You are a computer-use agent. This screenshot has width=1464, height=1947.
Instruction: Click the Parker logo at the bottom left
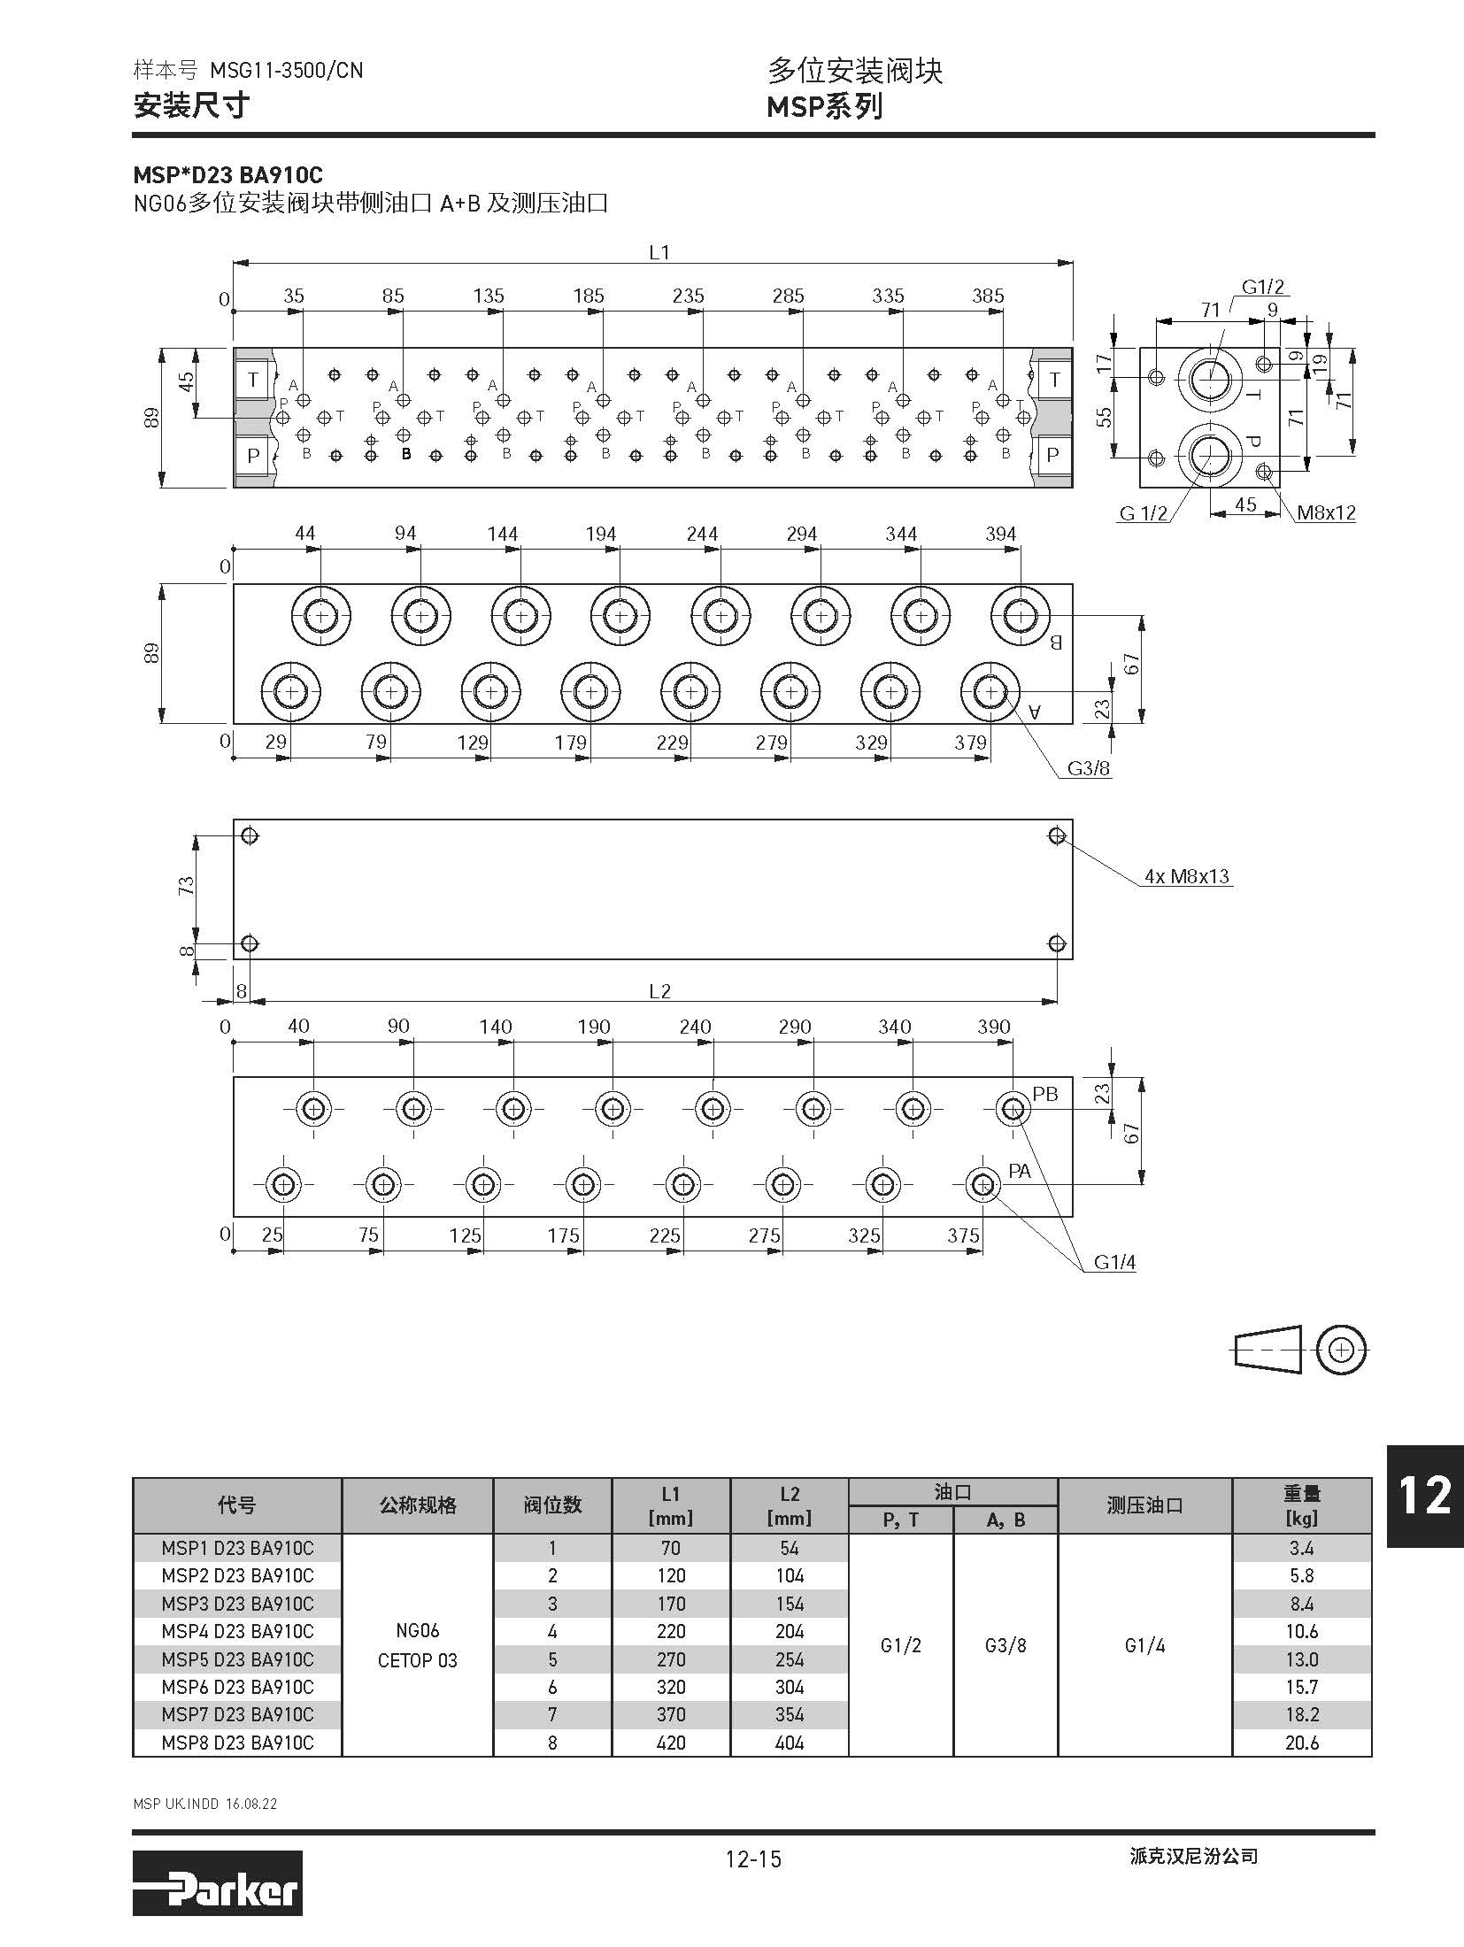click(x=217, y=1889)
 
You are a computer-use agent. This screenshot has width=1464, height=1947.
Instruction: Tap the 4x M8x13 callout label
click(x=1187, y=876)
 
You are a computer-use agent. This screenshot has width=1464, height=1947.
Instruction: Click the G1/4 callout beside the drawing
click(x=1114, y=1263)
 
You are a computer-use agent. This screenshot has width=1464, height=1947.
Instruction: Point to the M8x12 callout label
click(x=1326, y=512)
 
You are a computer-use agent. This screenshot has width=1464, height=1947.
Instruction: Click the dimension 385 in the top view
click(x=988, y=296)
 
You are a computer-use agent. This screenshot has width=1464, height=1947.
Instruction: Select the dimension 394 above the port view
click(x=1001, y=534)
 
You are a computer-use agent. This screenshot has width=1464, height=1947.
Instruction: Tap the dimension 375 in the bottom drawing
click(x=964, y=1235)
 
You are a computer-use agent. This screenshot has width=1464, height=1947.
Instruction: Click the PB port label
click(x=1045, y=1094)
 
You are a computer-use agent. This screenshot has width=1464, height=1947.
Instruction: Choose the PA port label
click(x=1020, y=1171)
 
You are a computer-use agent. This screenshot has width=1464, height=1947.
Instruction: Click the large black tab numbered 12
click(x=1424, y=1496)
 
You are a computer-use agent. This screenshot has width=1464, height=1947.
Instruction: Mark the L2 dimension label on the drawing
click(x=659, y=991)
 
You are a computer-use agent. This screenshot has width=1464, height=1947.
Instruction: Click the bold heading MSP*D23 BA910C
click(x=228, y=175)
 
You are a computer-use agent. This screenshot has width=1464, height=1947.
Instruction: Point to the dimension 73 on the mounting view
click(x=186, y=885)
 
